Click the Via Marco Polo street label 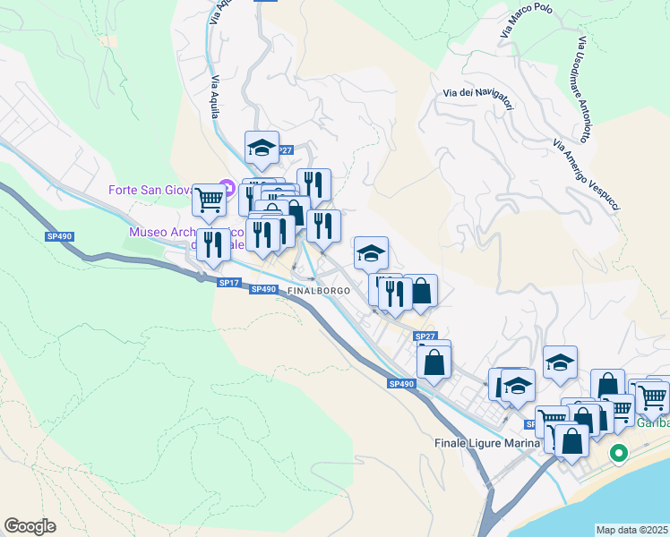tap(527, 19)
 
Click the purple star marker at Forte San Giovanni tap(228, 188)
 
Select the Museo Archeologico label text tap(161, 232)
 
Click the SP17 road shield tap(228, 283)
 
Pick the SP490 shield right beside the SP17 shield tap(262, 289)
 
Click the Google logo tap(30, 526)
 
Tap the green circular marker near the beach tap(618, 453)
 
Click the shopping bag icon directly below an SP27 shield tap(434, 363)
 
